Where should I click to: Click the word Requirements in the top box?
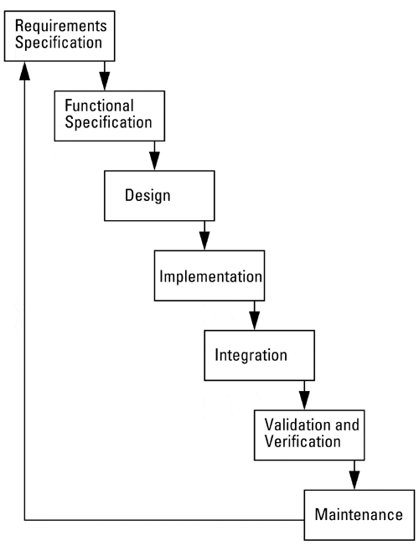click(x=61, y=26)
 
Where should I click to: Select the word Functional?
click(x=99, y=106)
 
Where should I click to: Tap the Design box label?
click(x=147, y=195)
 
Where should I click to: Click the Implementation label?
click(x=210, y=276)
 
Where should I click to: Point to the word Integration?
click(x=251, y=355)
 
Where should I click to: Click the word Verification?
click(x=303, y=441)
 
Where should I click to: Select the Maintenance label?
click(x=359, y=514)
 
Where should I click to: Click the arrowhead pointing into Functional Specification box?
click(x=105, y=81)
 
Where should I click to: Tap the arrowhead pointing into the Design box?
click(x=154, y=161)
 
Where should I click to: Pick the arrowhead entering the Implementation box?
click(x=204, y=240)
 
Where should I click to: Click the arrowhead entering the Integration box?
click(x=255, y=321)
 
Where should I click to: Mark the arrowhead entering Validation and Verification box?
click(x=304, y=400)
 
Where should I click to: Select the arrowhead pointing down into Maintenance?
click(x=354, y=480)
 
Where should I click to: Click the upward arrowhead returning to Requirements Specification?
click(x=24, y=71)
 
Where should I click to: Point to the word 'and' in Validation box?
click(x=347, y=425)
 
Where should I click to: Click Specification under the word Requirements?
click(x=59, y=43)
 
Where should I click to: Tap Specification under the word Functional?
click(x=109, y=122)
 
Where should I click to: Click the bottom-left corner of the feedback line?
click(x=24, y=520)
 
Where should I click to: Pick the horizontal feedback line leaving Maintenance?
click(x=164, y=520)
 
